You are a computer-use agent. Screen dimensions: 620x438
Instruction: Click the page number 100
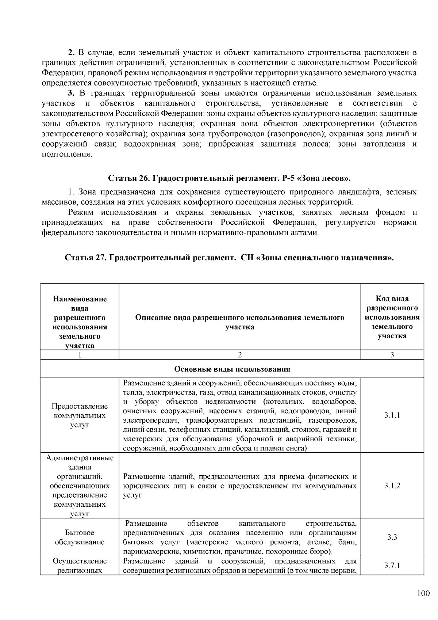[423, 593]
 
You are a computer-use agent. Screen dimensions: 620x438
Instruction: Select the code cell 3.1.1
[392, 415]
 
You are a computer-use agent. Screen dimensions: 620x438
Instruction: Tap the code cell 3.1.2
[392, 486]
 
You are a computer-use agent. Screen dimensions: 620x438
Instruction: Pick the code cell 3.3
[392, 537]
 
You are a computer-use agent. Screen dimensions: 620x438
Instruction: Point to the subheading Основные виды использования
[232, 369]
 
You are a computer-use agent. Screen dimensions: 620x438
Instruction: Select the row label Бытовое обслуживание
[80, 537]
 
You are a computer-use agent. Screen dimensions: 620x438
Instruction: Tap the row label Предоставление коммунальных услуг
[80, 415]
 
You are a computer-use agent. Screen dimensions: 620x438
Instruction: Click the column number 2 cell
[240, 354]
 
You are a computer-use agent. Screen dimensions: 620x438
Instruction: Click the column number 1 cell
[80, 354]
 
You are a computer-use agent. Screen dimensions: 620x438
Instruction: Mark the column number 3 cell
[392, 354]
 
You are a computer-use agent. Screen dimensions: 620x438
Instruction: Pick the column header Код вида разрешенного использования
[392, 317]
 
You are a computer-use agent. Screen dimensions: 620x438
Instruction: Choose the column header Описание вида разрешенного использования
[240, 322]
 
